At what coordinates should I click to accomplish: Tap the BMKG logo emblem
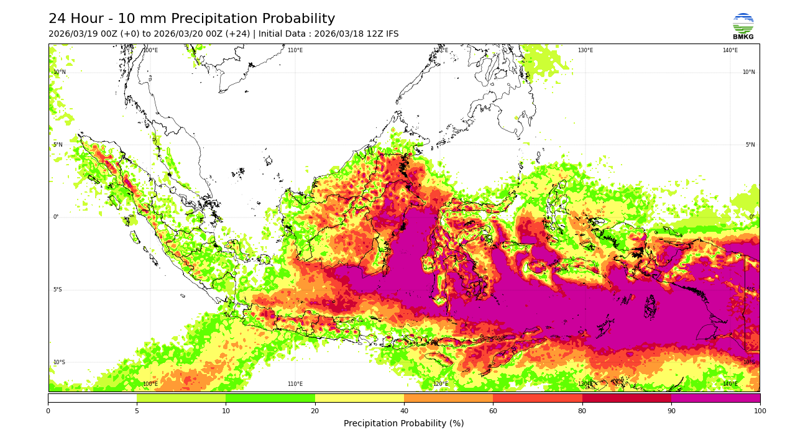pyautogui.click(x=743, y=23)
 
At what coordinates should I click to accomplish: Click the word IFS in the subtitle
pyautogui.click(x=390, y=34)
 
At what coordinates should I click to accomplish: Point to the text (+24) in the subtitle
pyautogui.click(x=239, y=34)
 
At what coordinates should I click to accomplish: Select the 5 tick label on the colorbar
pyautogui.click(x=137, y=411)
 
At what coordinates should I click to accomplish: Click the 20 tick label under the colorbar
pyautogui.click(x=315, y=411)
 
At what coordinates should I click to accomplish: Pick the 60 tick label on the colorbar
pyautogui.click(x=493, y=411)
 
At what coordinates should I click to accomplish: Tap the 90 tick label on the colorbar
pyautogui.click(x=671, y=411)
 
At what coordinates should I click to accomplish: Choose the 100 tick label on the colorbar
pyautogui.click(x=760, y=411)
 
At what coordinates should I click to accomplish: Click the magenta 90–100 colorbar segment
pyautogui.click(x=715, y=398)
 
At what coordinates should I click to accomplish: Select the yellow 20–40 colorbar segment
pyautogui.click(x=359, y=398)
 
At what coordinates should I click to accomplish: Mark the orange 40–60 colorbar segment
pyautogui.click(x=448, y=398)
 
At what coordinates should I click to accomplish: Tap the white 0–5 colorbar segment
pyautogui.click(x=92, y=398)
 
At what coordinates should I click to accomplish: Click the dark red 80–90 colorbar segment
pyautogui.click(x=627, y=398)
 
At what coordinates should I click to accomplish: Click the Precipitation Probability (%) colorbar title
pyautogui.click(x=403, y=424)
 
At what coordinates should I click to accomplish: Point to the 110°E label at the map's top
pyautogui.click(x=295, y=50)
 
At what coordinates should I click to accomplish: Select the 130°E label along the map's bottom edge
pyautogui.click(x=585, y=384)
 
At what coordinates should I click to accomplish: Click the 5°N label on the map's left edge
pyautogui.click(x=58, y=145)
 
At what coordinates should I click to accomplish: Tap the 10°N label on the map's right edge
pyautogui.click(x=748, y=72)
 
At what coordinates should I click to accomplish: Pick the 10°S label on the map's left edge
pyautogui.click(x=58, y=362)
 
